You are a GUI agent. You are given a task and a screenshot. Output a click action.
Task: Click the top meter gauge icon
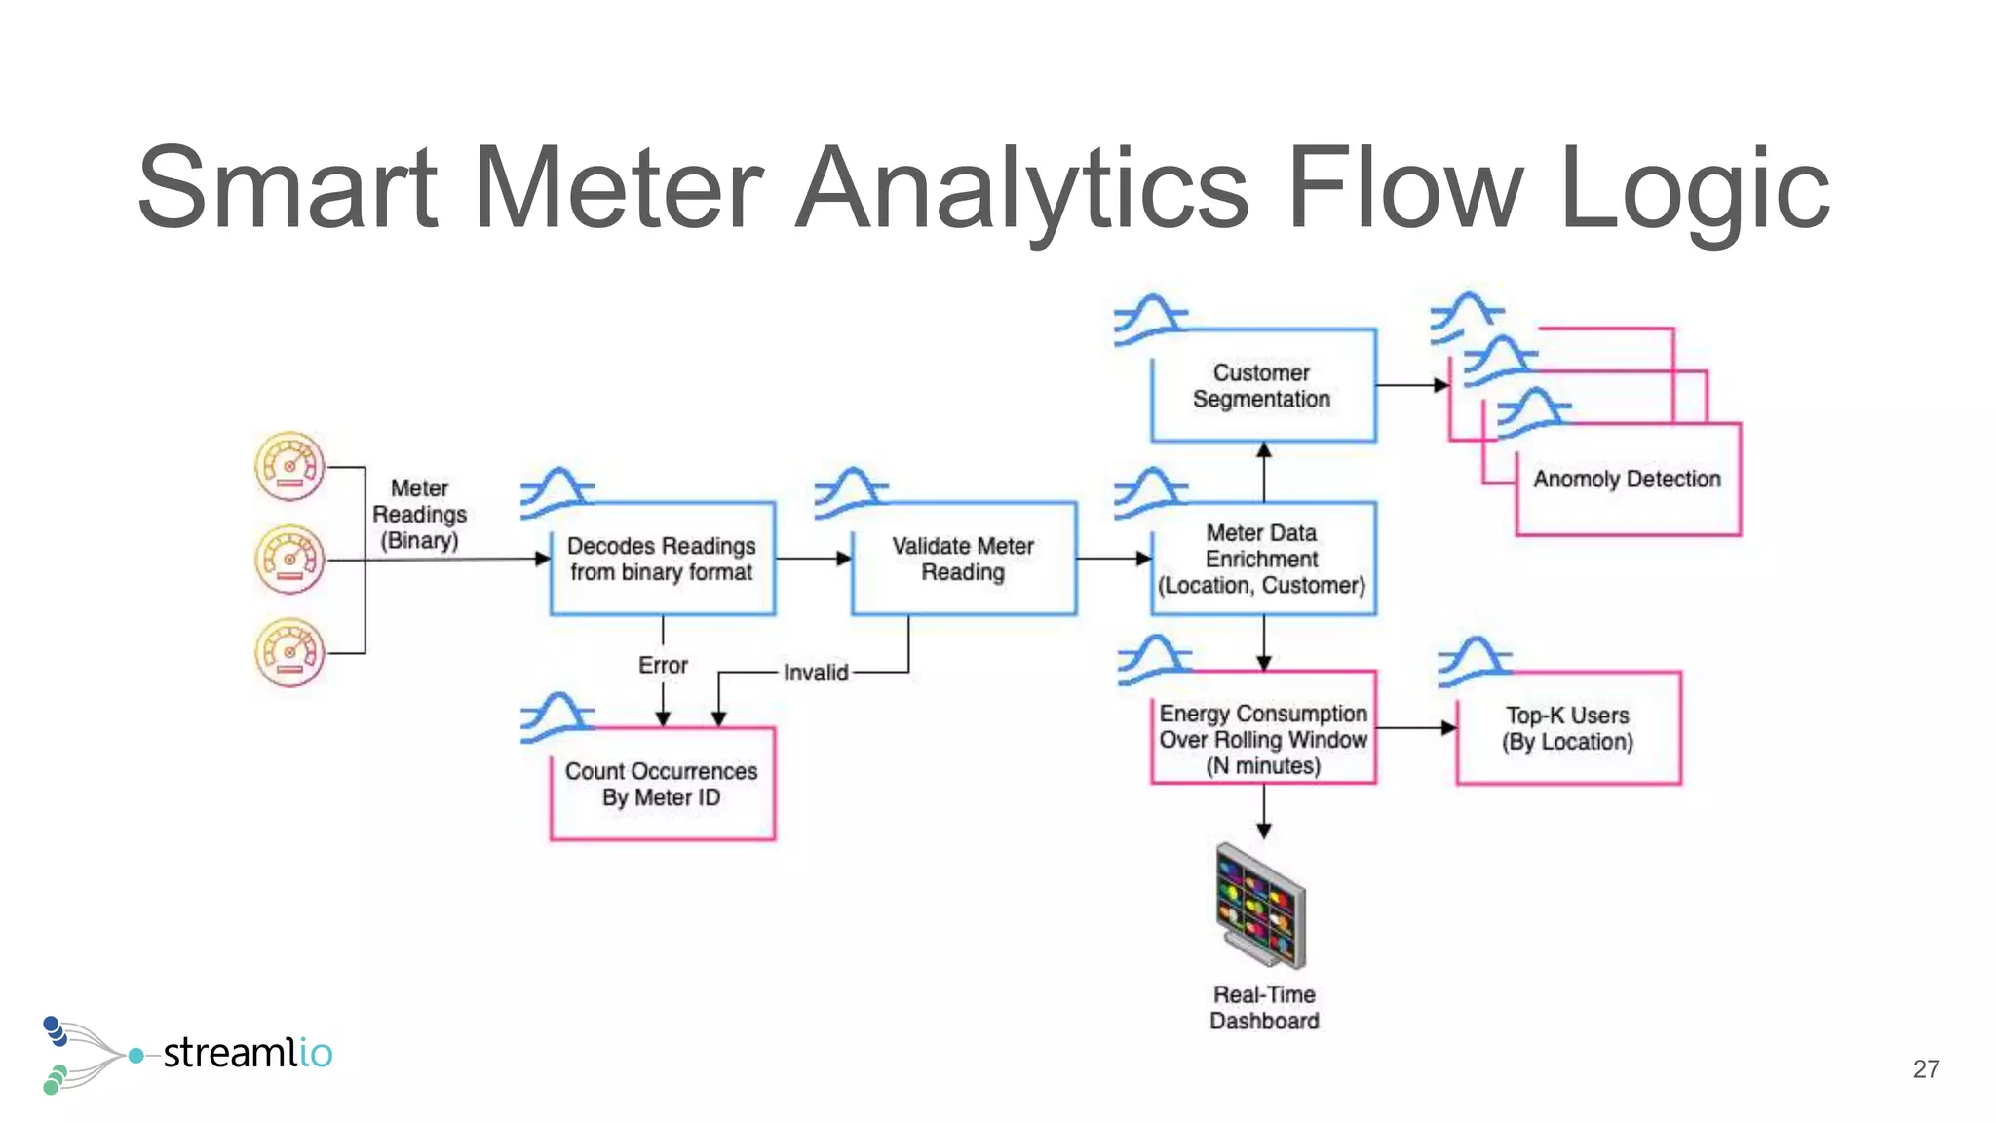point(289,467)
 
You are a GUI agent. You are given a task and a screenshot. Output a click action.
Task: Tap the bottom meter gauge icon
point(289,652)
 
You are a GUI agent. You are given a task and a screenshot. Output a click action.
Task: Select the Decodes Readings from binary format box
point(663,559)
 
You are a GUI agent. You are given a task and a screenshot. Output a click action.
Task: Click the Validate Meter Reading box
point(963,559)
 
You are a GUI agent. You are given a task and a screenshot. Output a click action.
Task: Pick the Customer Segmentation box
point(1262,386)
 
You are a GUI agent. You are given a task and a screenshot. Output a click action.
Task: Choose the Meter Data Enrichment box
point(1262,559)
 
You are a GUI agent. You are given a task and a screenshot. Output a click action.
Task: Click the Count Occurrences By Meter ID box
point(663,784)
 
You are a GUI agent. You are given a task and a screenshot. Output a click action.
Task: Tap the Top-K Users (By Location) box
point(1567,728)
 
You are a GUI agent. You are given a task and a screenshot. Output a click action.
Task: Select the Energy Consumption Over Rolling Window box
point(1262,739)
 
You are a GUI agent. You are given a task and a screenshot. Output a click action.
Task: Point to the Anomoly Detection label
point(1627,479)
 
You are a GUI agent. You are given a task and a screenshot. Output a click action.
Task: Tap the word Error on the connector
point(663,665)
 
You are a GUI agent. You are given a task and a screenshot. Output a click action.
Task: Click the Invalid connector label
point(816,673)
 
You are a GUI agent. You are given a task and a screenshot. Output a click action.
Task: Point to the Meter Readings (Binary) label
point(420,514)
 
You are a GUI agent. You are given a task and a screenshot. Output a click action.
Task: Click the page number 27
point(1926,1069)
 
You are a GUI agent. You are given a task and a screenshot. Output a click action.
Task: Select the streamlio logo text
point(248,1054)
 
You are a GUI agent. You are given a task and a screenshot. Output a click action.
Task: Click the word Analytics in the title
point(1021,187)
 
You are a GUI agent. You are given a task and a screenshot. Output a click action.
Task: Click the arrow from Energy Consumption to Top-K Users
point(1416,728)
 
